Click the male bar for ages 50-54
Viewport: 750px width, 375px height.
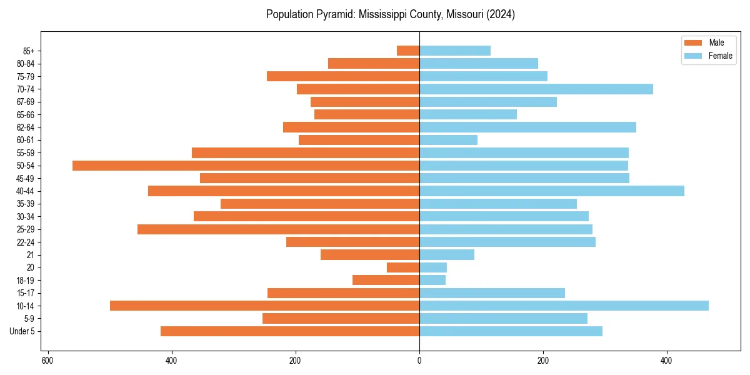246,166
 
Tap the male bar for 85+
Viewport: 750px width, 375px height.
408,51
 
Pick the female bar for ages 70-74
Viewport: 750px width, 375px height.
536,89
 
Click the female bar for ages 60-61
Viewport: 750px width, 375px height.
448,140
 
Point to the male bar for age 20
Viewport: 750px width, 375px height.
403,267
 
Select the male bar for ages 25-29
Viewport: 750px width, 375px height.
278,229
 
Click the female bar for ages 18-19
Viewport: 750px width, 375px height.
432,280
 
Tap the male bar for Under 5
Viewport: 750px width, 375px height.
290,331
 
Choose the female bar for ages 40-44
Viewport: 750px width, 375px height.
552,191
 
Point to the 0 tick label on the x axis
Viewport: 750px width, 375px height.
419,361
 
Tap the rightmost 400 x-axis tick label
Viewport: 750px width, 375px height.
667,361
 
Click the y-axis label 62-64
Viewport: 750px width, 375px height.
26,127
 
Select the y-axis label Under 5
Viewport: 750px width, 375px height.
22,331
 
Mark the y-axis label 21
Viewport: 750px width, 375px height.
31,255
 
